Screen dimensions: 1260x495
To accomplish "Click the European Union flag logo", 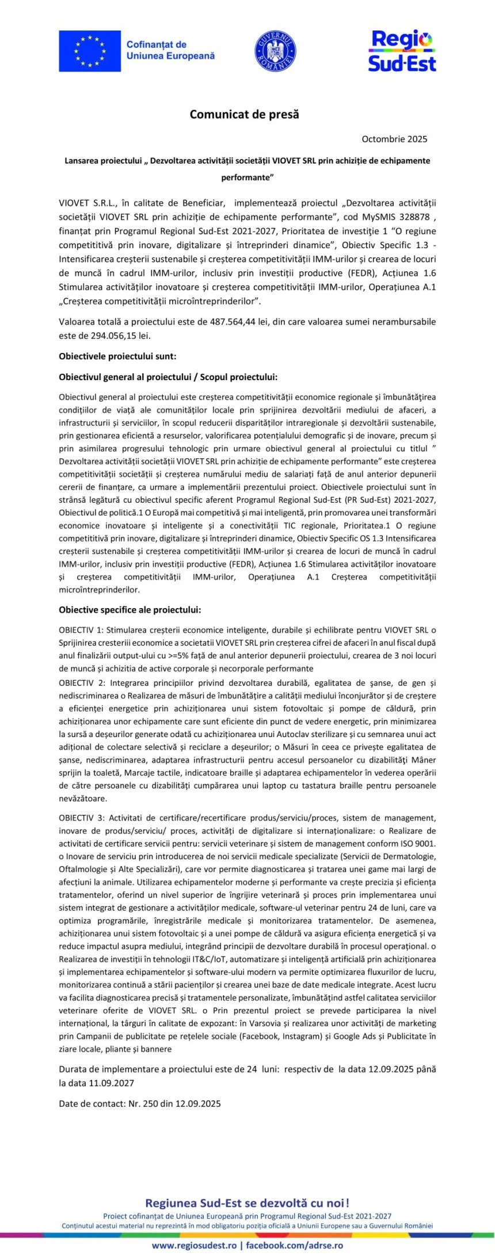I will point(90,51).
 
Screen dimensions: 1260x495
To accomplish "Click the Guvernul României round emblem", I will point(275,51).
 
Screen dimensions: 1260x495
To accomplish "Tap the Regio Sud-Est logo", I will point(402,51).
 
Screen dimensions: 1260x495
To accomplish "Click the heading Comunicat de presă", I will point(245,115).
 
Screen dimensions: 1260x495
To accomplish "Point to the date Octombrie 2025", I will point(394,139).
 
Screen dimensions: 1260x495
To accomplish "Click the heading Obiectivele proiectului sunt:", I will point(117,356).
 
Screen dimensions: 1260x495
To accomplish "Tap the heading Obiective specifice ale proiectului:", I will point(130,610).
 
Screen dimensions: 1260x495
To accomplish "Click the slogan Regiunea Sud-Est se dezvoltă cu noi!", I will point(247,1203).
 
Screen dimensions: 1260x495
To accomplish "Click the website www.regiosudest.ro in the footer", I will point(194,1245).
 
